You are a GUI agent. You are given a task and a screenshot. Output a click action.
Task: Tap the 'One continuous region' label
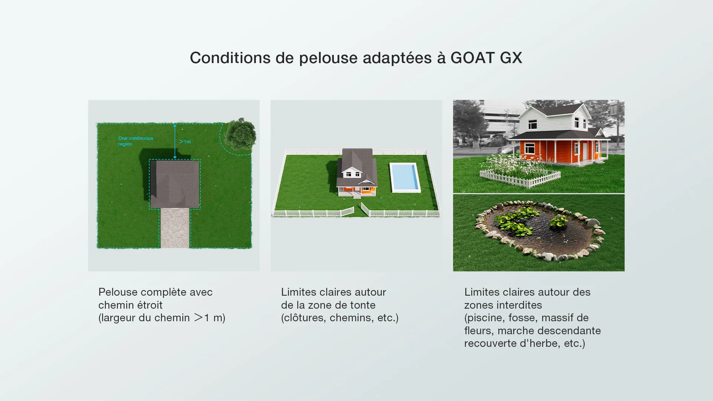tap(136, 141)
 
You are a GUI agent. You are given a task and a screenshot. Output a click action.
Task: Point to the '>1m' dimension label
tap(185, 141)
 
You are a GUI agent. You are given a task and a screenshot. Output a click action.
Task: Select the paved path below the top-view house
tap(175, 228)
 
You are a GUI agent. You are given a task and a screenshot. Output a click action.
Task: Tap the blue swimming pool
tap(405, 178)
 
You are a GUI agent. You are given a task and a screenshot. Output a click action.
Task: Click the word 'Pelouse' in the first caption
tap(118, 292)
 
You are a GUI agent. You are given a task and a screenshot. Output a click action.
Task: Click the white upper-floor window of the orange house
tap(533, 124)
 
